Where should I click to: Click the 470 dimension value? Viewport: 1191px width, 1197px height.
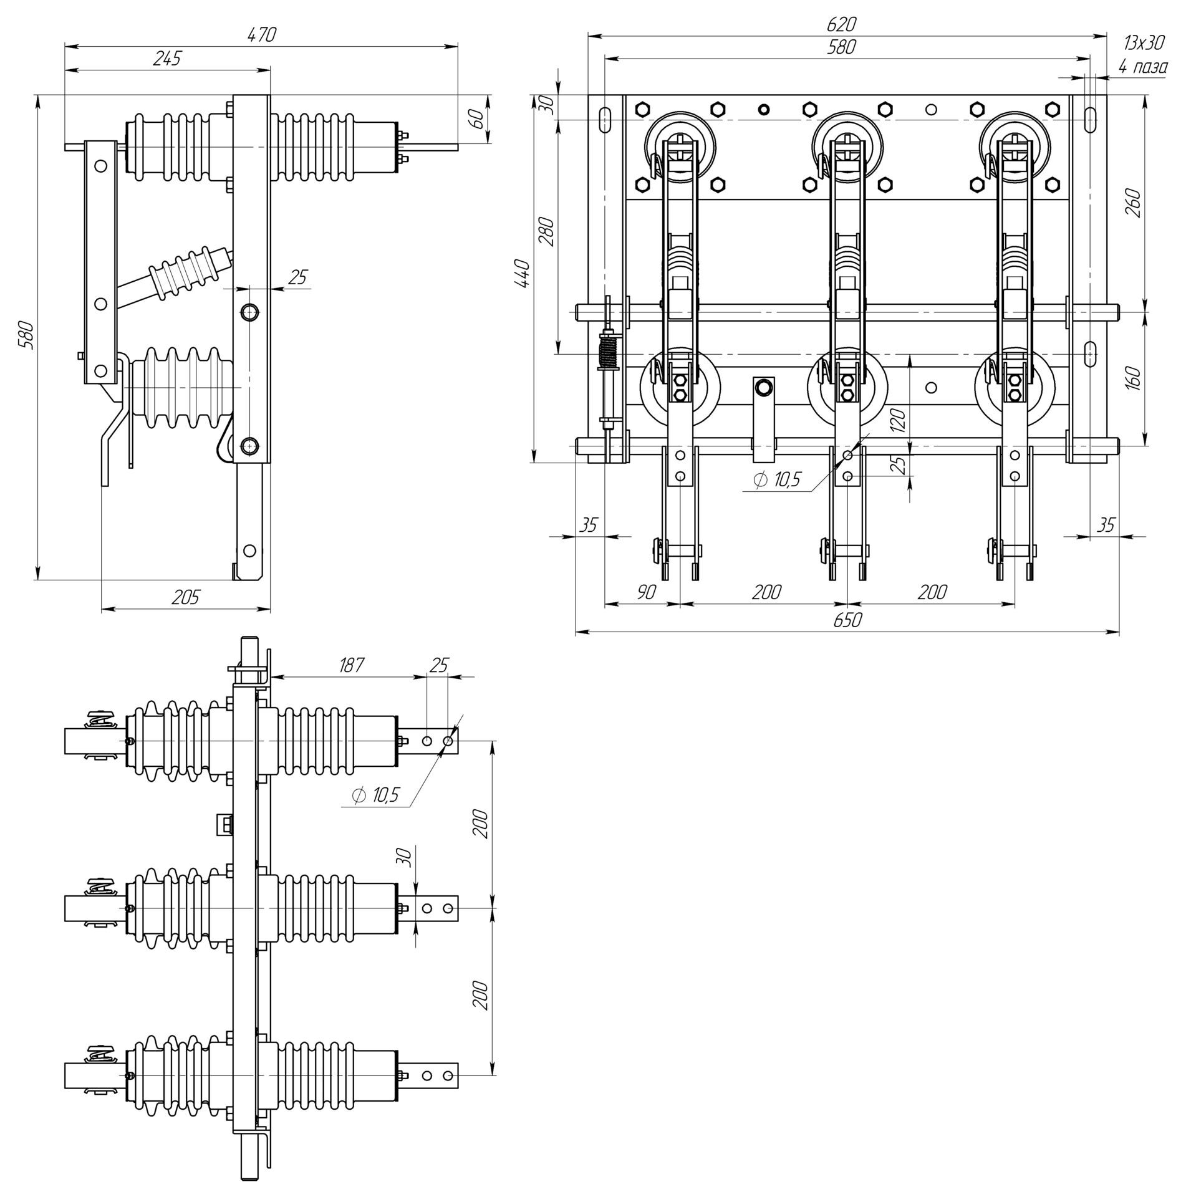261,34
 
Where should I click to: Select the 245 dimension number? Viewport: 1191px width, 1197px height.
167,59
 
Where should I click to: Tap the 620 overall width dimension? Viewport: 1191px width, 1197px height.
841,24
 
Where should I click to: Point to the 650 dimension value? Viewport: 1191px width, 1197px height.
846,620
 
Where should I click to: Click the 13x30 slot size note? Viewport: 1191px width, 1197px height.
1144,43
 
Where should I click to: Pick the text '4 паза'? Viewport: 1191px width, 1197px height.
1142,67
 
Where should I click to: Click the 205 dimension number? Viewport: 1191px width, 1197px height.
185,597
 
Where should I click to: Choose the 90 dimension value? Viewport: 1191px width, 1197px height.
646,592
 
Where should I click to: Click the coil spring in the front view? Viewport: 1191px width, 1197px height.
607,352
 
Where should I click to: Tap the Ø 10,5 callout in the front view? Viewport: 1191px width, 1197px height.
776,480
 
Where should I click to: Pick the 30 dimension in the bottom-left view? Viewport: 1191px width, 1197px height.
405,857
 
